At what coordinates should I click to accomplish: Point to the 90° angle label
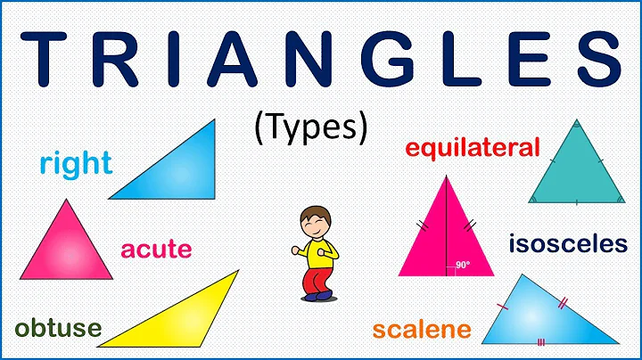coord(462,265)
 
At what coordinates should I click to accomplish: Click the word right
coord(76,163)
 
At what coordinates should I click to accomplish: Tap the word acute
coord(156,249)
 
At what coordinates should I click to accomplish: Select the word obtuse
coord(57,329)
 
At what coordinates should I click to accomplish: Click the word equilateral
coord(473,147)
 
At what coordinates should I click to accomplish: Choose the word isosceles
coord(568,243)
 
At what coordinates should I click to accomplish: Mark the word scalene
coord(421,330)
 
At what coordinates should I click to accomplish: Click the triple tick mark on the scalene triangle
coord(541,340)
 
